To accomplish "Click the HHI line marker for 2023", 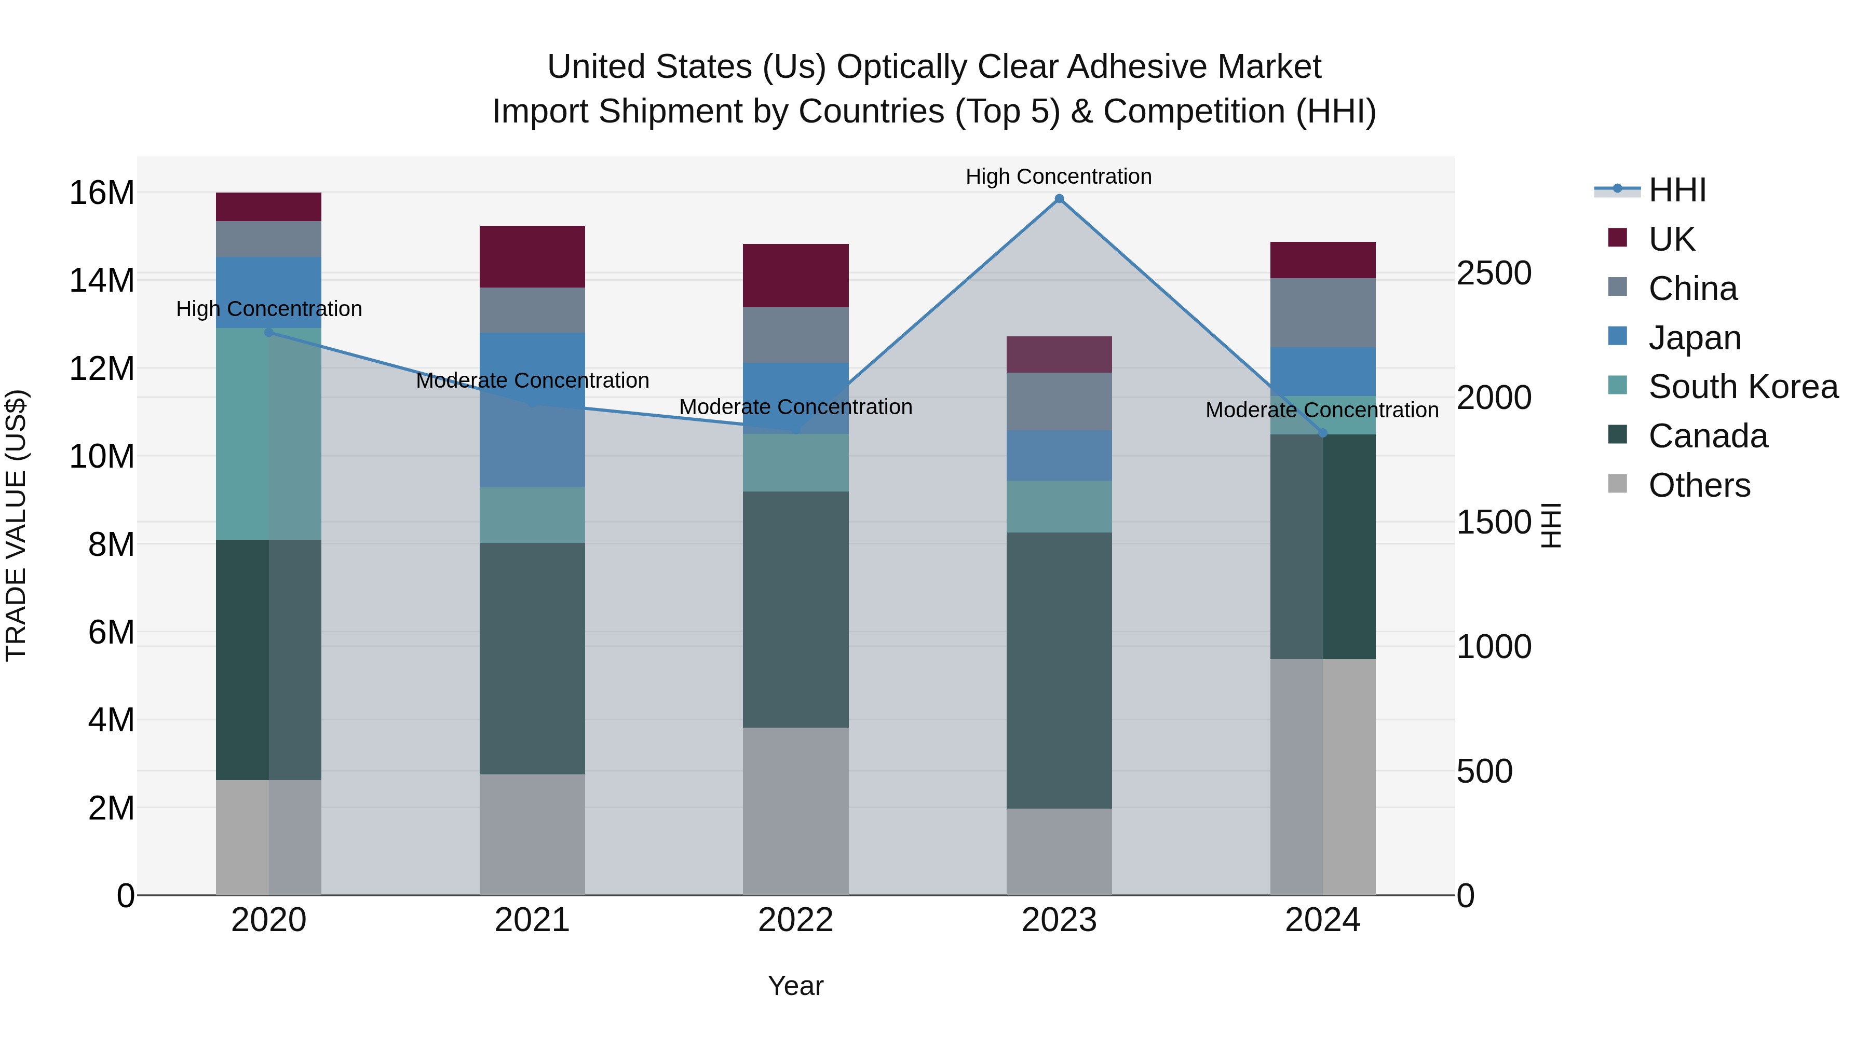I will point(1059,199).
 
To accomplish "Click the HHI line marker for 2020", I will point(268,332).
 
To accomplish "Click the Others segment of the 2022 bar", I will point(795,811).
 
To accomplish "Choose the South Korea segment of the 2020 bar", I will point(268,434).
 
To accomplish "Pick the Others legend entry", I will point(1699,485).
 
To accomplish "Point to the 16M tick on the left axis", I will point(102,193).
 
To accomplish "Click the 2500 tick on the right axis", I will point(1494,274).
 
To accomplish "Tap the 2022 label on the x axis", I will point(795,920).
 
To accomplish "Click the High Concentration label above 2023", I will point(1059,176).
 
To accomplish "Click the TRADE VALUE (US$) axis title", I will point(16,525).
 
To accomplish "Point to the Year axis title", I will point(795,986).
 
